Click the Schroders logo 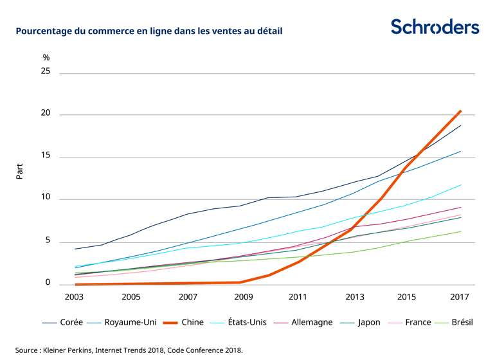pos(435,27)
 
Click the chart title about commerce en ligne pos(149,30)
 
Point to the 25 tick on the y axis pos(46,73)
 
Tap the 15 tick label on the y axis pos(46,157)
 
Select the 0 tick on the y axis pos(48,283)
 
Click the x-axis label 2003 pos(75,298)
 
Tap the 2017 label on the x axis pos(460,298)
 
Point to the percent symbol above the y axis pos(46,57)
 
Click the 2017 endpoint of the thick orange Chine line pos(460,111)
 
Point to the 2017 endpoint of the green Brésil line pos(461,231)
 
